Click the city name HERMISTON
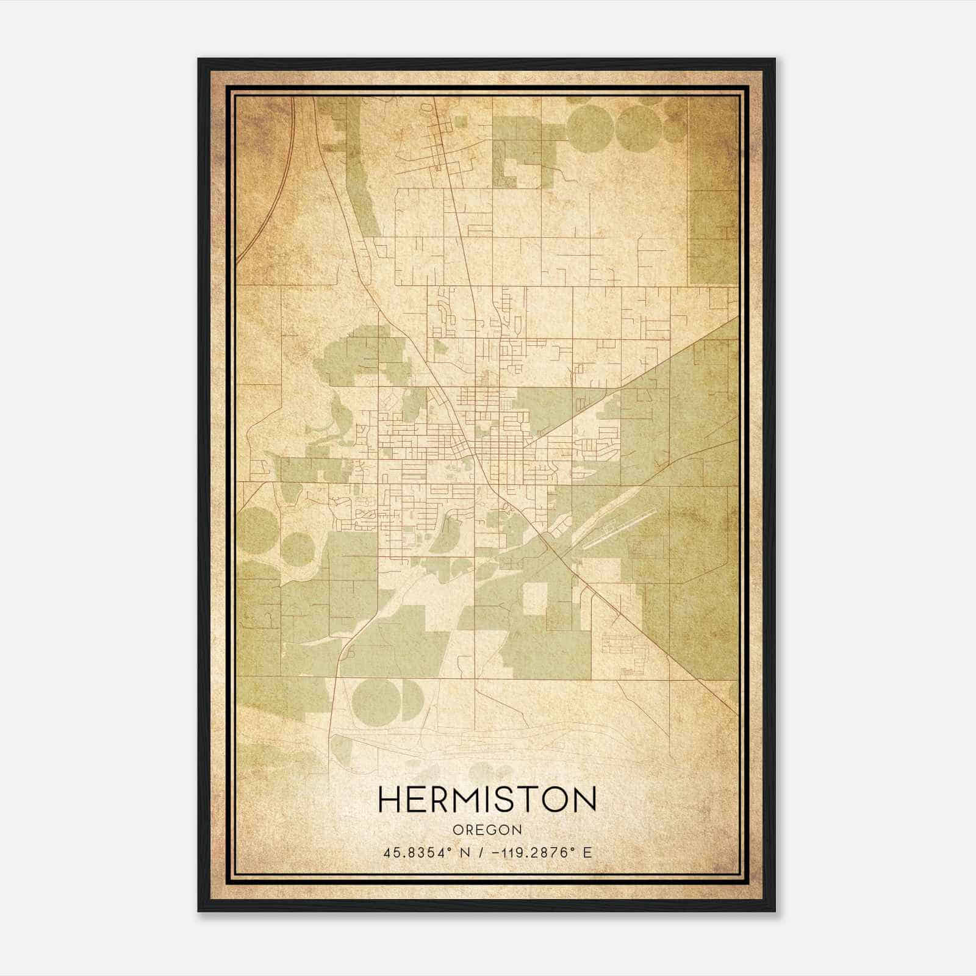[x=487, y=800]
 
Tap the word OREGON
[x=487, y=830]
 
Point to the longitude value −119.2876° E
[x=535, y=853]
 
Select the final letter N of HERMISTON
[x=583, y=800]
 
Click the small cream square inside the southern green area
[x=534, y=598]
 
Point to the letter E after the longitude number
[x=587, y=853]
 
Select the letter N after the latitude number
[x=465, y=853]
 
